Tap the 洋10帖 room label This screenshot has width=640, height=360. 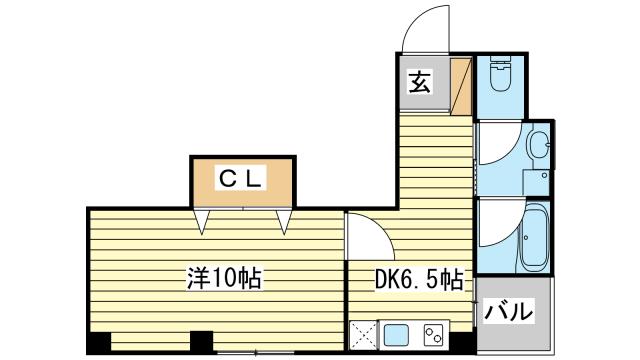[222, 278]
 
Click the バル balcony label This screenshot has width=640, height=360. [508, 312]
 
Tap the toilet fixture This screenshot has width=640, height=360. [501, 75]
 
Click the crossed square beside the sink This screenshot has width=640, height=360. [361, 334]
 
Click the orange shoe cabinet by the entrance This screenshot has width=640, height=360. [461, 85]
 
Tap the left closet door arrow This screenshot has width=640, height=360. [204, 220]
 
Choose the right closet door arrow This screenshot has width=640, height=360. [283, 220]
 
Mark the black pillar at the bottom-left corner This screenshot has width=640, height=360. [98, 342]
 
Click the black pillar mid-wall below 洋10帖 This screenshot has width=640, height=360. [202, 342]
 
